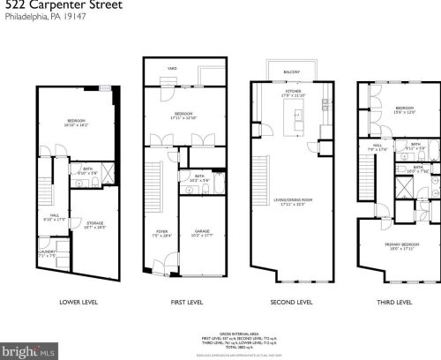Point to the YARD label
pos(172,67)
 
